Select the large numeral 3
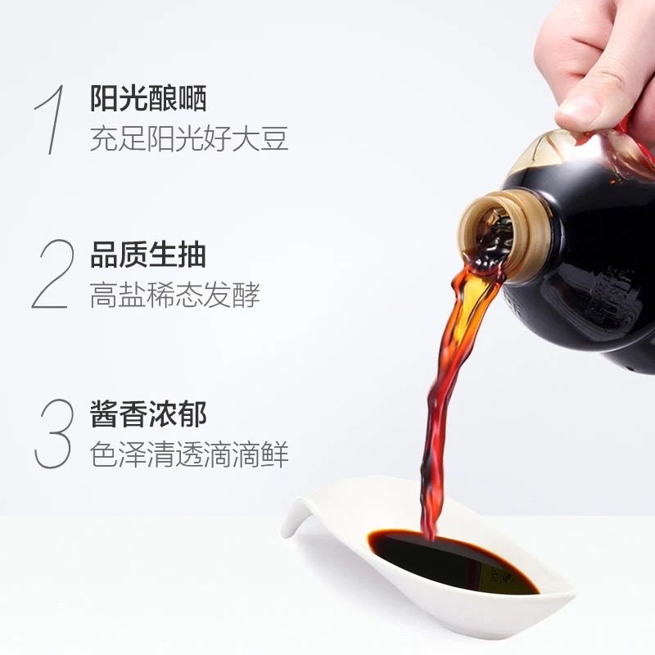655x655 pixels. tap(53, 434)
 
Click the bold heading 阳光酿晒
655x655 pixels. tap(148, 98)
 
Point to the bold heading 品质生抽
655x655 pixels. tap(148, 255)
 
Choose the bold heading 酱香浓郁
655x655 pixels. tap(148, 414)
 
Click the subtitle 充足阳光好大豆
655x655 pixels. tap(189, 138)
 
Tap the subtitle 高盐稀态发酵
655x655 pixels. tap(175, 295)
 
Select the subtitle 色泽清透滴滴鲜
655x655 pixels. tap(189, 454)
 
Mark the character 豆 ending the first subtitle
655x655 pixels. tap(274, 138)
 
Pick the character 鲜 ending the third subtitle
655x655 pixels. tap(274, 454)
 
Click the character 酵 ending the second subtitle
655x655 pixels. tap(246, 295)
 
